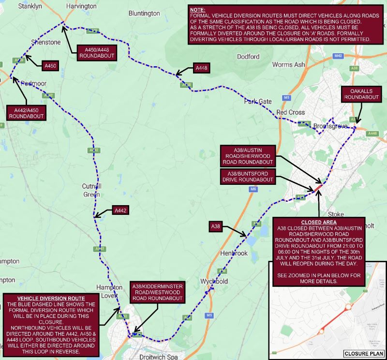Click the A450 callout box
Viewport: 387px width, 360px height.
pyautogui.click(x=50, y=65)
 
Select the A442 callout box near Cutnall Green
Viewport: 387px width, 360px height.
pyautogui.click(x=121, y=210)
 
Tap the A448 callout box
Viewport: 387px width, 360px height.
pyautogui.click(x=202, y=68)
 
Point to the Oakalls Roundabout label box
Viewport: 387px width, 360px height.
pyautogui.click(x=360, y=94)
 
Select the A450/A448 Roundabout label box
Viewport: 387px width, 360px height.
pyautogui.click(x=96, y=53)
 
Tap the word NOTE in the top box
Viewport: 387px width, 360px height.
pyautogui.click(x=197, y=10)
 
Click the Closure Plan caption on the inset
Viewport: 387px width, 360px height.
pyautogui.click(x=363, y=354)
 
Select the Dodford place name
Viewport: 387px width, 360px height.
pyautogui.click(x=248, y=57)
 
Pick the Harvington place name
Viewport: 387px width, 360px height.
pyautogui.click(x=82, y=6)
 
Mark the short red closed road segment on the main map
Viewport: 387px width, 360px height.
pyautogui.click(x=319, y=186)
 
